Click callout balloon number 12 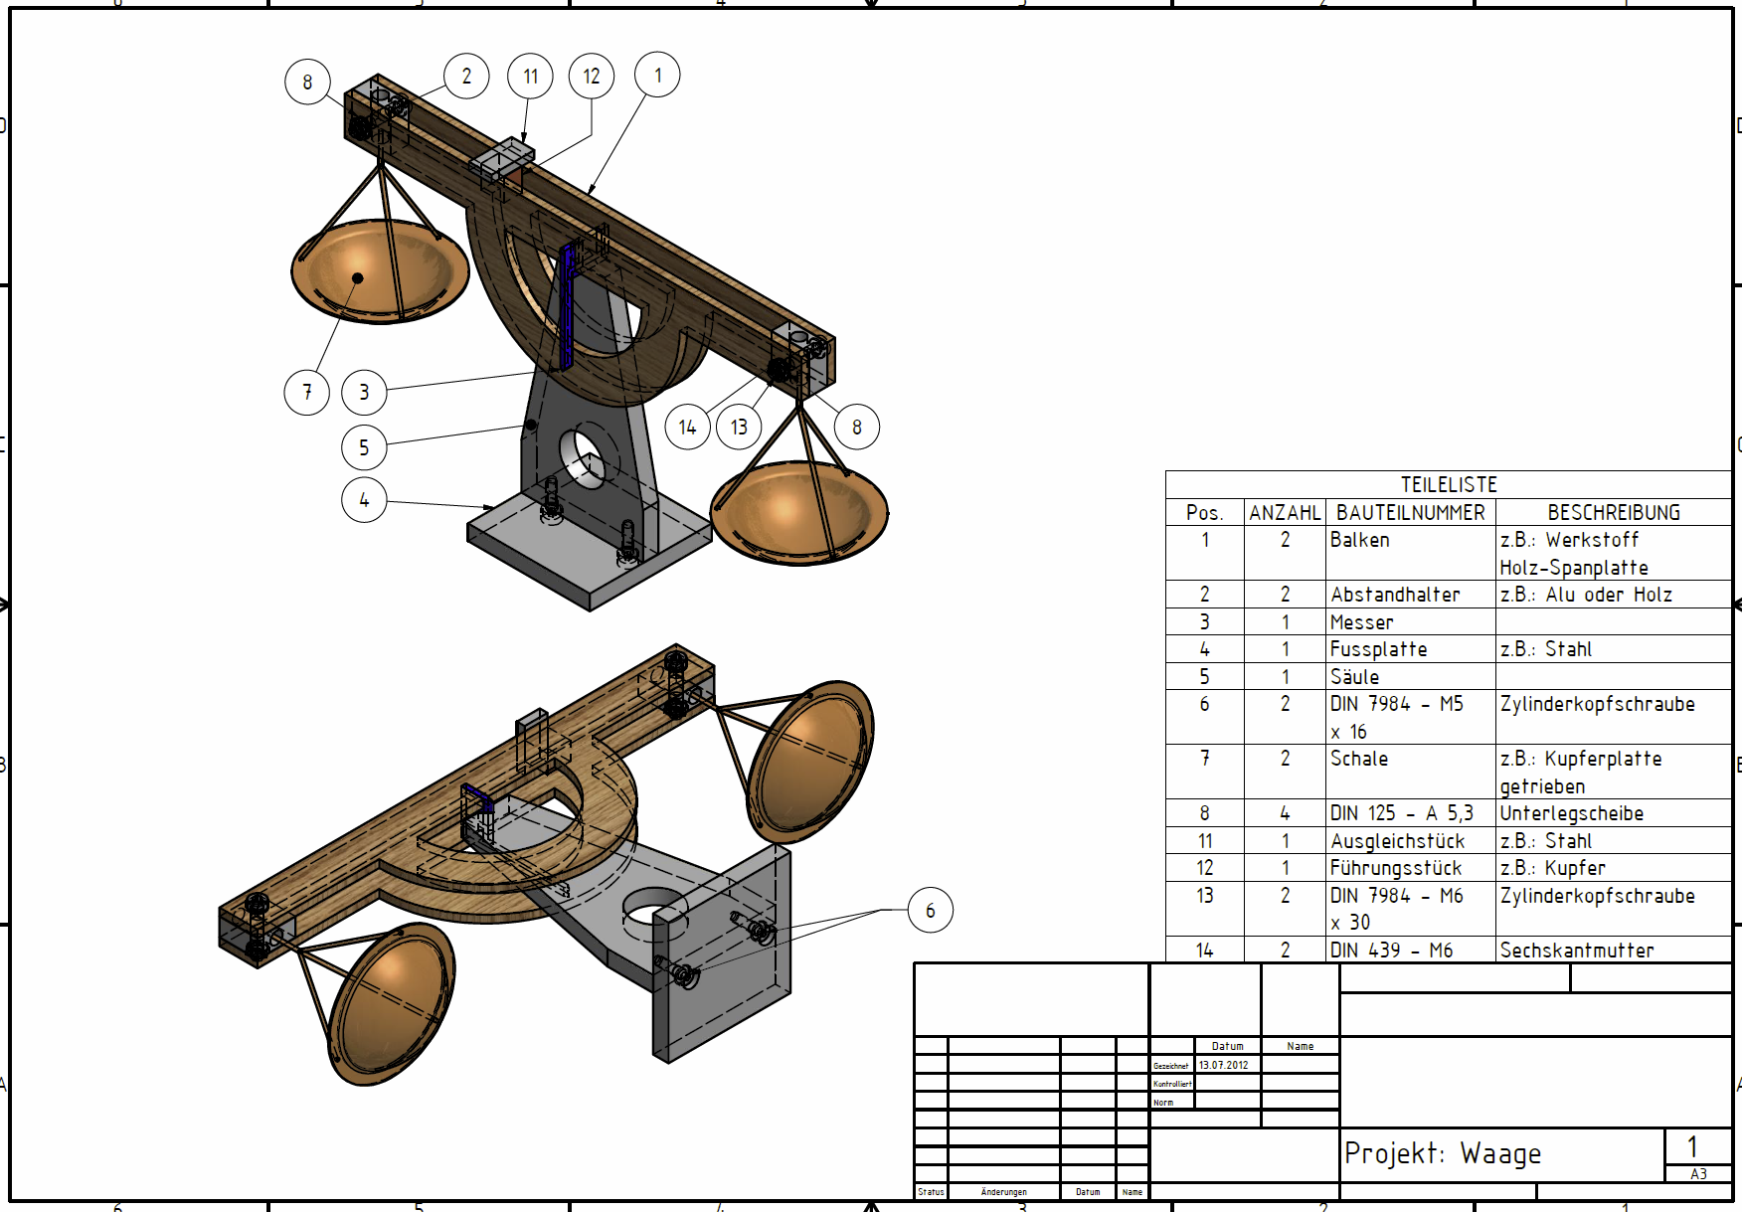click(592, 77)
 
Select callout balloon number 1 click(657, 75)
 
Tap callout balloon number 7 click(307, 392)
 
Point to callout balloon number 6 click(930, 911)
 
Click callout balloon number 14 click(687, 428)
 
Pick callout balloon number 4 click(364, 500)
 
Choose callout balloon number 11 click(530, 77)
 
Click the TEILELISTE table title click(1448, 485)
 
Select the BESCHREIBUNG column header click(1613, 513)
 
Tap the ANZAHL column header click(1285, 513)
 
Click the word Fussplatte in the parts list click(1378, 649)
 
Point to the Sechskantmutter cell click(1576, 951)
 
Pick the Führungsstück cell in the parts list click(1395, 868)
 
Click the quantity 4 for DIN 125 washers click(1285, 813)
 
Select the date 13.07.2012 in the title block click(1223, 1065)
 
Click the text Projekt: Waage click(1442, 1153)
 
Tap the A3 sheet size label click(1698, 1174)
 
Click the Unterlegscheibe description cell click(1571, 813)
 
